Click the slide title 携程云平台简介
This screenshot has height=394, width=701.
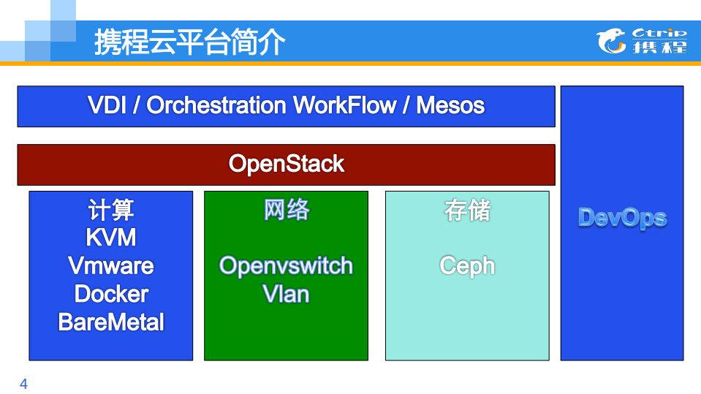coord(189,42)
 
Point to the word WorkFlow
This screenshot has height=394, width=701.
coord(344,105)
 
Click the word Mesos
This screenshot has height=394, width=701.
coord(450,105)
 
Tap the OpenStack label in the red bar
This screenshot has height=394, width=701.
coord(286,164)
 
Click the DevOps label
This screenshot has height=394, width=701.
coord(622,218)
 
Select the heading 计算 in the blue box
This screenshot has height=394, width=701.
coord(111,211)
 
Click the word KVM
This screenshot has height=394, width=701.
coord(111,238)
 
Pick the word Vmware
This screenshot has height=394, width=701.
coord(111,265)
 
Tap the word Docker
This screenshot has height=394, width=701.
coord(111,294)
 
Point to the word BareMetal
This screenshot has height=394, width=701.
coord(111,322)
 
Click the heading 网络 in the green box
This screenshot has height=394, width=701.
coord(287,211)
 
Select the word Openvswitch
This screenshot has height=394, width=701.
coord(287,265)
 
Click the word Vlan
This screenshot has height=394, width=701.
coord(287,294)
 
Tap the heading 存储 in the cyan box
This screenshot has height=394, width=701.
coord(467,211)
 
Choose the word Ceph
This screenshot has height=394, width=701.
coord(467,265)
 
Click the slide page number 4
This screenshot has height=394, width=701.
coord(23,384)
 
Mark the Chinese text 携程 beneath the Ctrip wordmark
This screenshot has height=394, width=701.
coord(659,48)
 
